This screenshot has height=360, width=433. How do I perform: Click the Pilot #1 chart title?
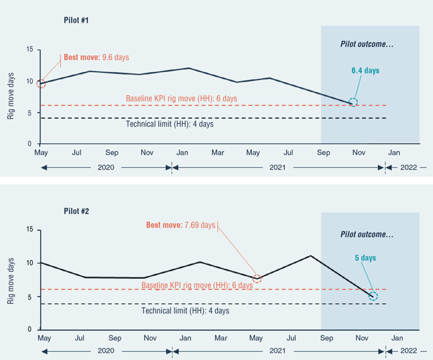77,21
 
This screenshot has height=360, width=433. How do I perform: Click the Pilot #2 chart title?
77,211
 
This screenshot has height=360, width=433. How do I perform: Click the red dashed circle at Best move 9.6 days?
41,83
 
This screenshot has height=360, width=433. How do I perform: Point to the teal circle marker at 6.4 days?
353,103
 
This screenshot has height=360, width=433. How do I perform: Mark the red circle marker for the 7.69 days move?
257,278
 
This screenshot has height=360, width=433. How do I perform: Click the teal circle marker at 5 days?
372,296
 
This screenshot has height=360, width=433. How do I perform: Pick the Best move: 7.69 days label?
181,225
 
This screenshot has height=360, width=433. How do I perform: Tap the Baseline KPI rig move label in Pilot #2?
197,285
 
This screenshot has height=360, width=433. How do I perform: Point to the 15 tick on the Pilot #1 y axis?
29,50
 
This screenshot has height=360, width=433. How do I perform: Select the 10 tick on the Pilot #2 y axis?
29,263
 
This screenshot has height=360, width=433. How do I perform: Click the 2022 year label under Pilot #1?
408,167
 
